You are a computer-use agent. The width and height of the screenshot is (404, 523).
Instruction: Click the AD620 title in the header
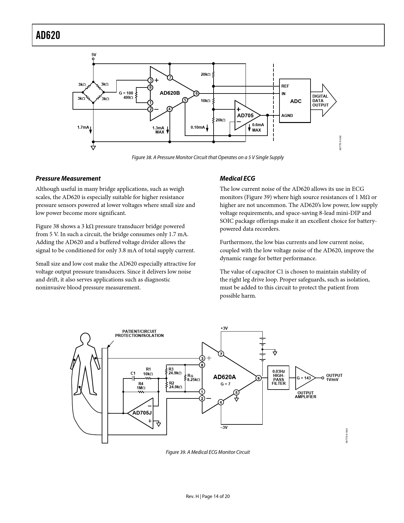tap(48, 36)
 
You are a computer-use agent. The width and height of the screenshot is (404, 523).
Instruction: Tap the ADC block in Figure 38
tap(295, 101)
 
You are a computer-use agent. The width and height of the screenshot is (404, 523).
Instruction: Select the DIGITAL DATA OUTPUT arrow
tap(323, 100)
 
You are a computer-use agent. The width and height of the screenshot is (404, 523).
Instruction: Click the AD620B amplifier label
tap(170, 93)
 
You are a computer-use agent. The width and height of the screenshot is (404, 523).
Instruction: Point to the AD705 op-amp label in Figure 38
tap(245, 115)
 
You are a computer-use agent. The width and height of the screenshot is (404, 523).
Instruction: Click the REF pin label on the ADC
tap(285, 86)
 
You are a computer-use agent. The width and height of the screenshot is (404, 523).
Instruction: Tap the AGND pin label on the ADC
tap(287, 115)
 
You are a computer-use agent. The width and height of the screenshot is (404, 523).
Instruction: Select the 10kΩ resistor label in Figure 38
tap(205, 100)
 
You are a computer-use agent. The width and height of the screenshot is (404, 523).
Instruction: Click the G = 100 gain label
tap(126, 93)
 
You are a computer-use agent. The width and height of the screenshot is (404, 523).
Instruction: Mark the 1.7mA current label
tap(83, 127)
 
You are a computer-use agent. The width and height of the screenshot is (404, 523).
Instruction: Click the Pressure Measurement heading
tap(68, 178)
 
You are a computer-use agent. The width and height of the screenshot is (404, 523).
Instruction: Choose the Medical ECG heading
tap(237, 178)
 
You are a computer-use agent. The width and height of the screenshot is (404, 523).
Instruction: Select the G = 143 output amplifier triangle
tap(304, 378)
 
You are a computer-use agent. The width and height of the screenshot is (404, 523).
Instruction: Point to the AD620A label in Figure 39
tap(224, 377)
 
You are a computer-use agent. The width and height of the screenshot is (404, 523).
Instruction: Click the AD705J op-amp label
tap(142, 413)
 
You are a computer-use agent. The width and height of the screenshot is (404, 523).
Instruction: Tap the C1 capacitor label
tap(133, 373)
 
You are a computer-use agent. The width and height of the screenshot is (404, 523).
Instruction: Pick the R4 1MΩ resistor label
tap(141, 385)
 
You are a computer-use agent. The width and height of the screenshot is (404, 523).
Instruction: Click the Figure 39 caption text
tap(208, 452)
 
